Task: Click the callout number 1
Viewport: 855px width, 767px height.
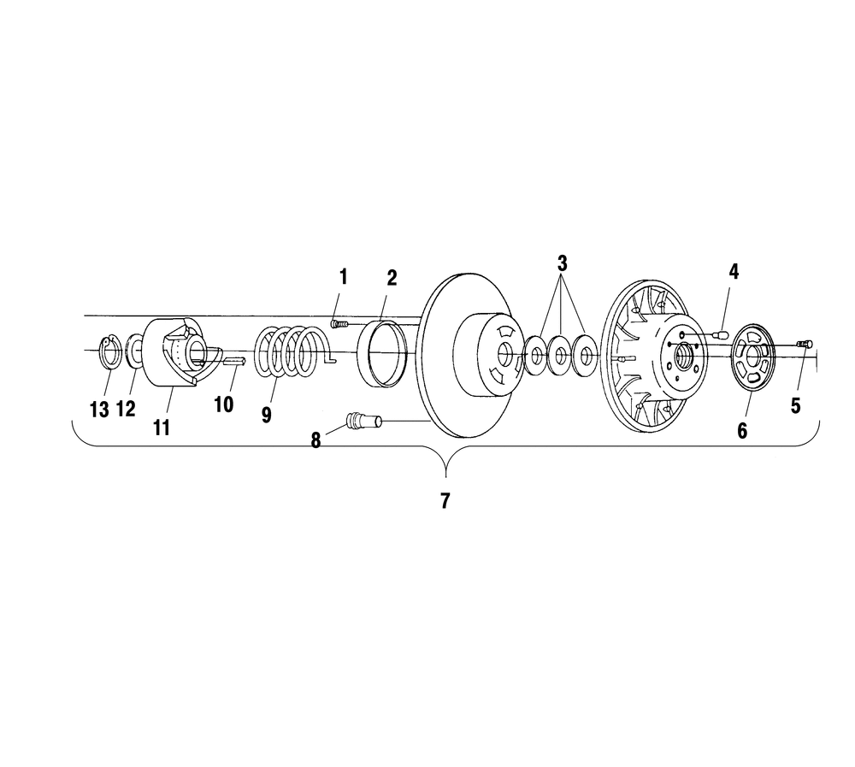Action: point(343,277)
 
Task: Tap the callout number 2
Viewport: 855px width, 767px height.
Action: point(392,278)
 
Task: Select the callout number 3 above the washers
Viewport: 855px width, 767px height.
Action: point(563,264)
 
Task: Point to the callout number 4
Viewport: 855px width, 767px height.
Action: point(734,272)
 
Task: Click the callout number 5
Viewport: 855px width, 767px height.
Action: point(795,406)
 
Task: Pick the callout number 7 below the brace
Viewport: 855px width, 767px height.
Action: point(445,501)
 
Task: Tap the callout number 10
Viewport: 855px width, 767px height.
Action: point(223,404)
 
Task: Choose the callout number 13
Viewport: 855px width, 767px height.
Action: point(99,409)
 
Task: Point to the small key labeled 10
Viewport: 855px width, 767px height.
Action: point(236,360)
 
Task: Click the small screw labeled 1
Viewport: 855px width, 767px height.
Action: point(338,324)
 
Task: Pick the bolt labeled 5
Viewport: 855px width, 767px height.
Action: point(805,344)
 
